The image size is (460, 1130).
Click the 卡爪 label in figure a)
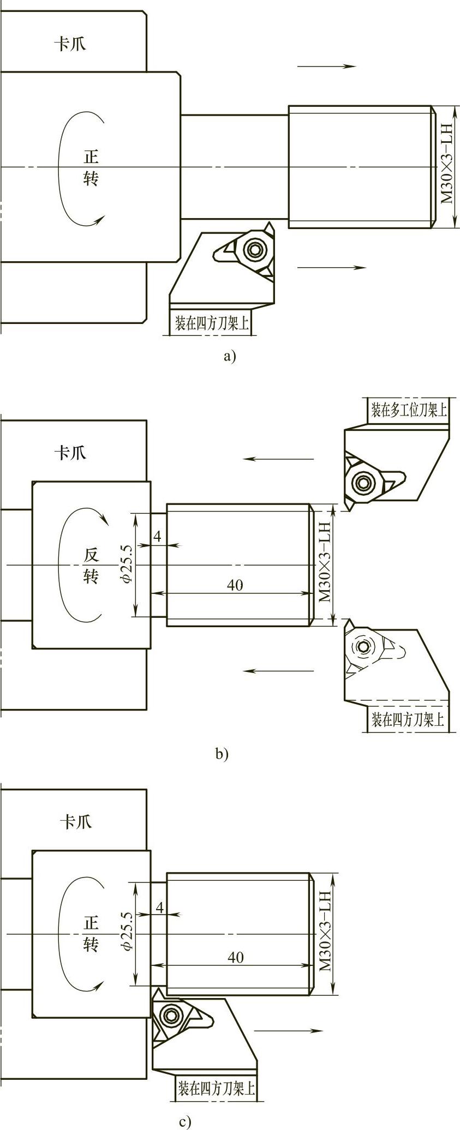point(70,44)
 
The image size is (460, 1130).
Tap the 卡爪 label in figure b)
point(70,452)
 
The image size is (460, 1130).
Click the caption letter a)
point(230,357)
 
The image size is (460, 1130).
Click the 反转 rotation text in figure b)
point(91,566)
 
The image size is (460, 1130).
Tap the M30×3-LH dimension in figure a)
point(447,164)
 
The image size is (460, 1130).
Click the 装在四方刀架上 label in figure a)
point(212,324)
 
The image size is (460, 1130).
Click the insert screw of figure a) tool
point(254,250)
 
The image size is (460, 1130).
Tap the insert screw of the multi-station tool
point(361,482)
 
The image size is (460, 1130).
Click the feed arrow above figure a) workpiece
point(326,67)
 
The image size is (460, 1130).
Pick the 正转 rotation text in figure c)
point(91,934)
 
